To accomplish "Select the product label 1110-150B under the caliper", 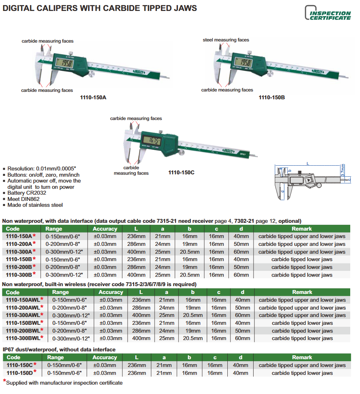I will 272,97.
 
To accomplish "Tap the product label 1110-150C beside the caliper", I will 181,172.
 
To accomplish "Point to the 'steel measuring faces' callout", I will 226,40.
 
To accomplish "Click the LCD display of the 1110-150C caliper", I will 151,140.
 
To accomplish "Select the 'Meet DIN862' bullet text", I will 23,199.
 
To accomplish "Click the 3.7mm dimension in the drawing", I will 343,171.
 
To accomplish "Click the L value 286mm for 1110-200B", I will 137,267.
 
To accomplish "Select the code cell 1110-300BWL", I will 24,338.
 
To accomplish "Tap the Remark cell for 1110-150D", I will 302,373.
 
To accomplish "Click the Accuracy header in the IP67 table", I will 104,357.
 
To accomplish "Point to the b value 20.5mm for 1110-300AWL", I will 193,315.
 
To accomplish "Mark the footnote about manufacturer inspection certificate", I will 64,383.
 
